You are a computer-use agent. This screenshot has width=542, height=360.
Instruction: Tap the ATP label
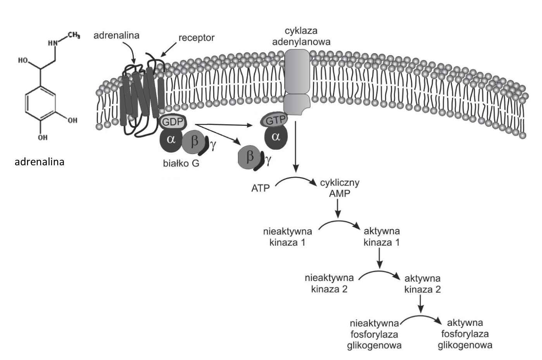pos(261,189)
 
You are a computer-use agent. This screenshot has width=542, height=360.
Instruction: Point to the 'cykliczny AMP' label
pos(340,188)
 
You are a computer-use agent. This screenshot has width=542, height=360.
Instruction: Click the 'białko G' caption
pos(181,164)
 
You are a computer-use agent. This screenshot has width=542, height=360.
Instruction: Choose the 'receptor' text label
pos(197,38)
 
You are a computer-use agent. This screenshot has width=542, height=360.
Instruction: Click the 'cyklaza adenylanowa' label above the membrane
pos(301,36)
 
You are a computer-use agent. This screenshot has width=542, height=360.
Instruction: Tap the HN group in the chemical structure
pos(53,43)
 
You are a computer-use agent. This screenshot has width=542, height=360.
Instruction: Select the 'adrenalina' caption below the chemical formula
pos(40,162)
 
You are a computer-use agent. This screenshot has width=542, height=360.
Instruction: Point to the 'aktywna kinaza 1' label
pos(381,237)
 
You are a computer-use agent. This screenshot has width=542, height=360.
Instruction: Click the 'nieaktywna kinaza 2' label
pos(329,284)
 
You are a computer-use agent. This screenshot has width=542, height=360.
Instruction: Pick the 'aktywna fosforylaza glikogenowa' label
pos(465,334)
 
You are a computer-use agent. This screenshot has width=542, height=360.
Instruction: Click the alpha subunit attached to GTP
pos(276,137)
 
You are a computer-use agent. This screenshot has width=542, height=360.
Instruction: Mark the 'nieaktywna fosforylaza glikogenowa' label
pos(374,334)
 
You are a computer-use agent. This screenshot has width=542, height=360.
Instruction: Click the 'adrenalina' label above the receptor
pos(116,36)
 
